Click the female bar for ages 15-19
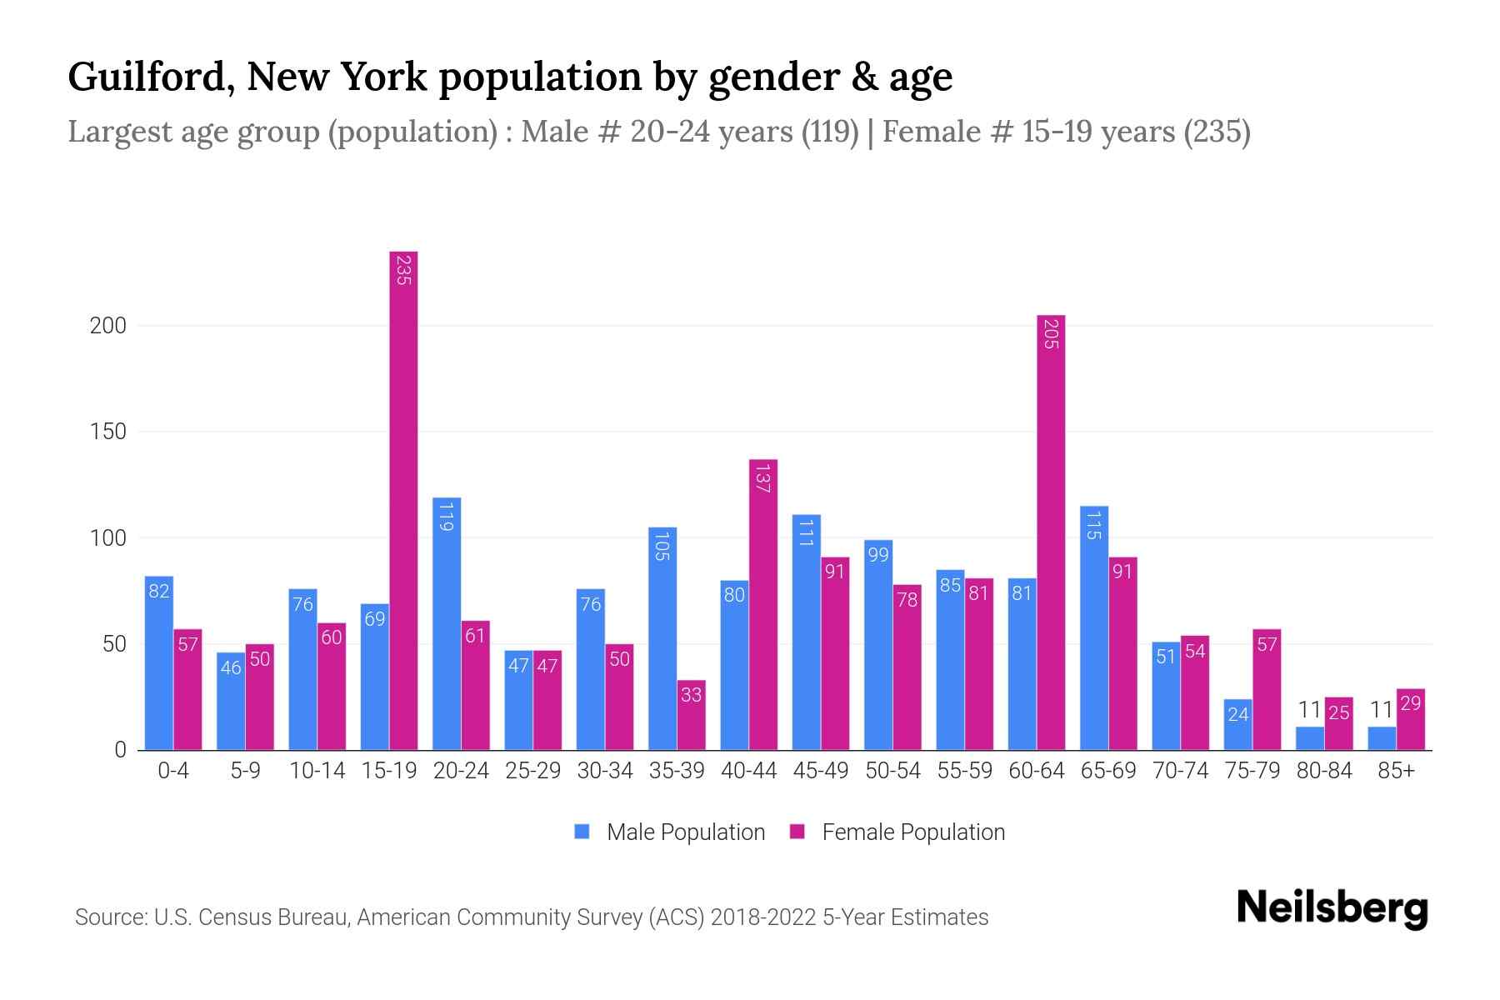point(403,500)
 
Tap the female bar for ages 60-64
point(1051,533)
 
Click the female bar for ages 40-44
point(762,604)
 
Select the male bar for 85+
point(1382,738)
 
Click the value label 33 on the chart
point(691,694)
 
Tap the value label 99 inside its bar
point(878,555)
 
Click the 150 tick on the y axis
point(108,432)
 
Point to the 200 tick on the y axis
point(108,326)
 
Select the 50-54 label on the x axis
point(892,771)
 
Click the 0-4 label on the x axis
point(173,771)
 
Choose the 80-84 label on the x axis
point(1324,771)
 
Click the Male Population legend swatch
point(582,832)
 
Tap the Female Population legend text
point(913,832)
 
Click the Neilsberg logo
point(1332,908)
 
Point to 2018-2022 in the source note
point(763,917)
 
